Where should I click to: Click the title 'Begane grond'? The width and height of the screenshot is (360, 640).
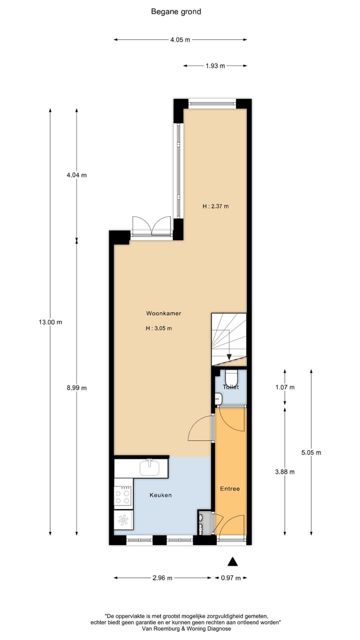(176, 11)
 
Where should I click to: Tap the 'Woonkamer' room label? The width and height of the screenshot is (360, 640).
(163, 313)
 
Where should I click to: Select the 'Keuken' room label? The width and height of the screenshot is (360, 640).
(160, 495)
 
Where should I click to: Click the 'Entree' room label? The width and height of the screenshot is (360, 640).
(230, 488)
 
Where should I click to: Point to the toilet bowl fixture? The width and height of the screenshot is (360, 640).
(231, 377)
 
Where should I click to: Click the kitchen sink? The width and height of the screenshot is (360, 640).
(149, 468)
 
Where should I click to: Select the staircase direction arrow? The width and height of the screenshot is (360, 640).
(229, 355)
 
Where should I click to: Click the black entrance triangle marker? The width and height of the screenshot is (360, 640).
(232, 561)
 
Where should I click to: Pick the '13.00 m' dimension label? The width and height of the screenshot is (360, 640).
(50, 322)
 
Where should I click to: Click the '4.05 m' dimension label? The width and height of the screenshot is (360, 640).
(180, 39)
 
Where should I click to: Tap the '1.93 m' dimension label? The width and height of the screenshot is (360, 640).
(215, 65)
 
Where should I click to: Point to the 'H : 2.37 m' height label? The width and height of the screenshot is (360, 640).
(215, 206)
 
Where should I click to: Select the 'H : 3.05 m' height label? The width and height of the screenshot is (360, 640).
(158, 328)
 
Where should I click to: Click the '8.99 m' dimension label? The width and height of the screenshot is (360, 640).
(76, 387)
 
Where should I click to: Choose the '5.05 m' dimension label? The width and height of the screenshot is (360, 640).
(311, 452)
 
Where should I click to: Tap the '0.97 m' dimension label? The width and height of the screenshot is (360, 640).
(230, 578)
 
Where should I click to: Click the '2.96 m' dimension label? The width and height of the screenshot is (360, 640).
(162, 578)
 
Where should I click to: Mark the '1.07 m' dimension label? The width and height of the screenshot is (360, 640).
(285, 387)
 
